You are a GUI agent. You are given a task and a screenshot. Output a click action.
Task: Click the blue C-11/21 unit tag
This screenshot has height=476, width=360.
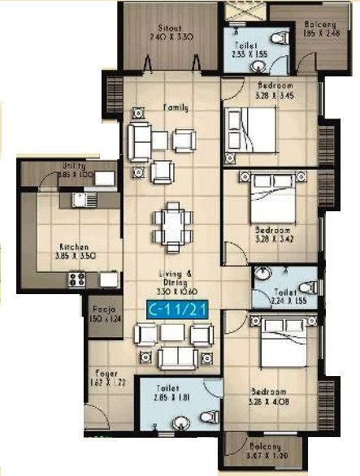tap(172, 309)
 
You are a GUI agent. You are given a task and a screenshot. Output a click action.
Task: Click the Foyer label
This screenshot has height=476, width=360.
tap(102, 374)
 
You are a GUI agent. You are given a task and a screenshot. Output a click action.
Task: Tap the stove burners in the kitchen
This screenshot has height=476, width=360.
tap(77, 279)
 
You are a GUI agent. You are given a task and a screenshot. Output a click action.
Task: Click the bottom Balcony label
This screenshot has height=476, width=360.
tap(265, 448)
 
